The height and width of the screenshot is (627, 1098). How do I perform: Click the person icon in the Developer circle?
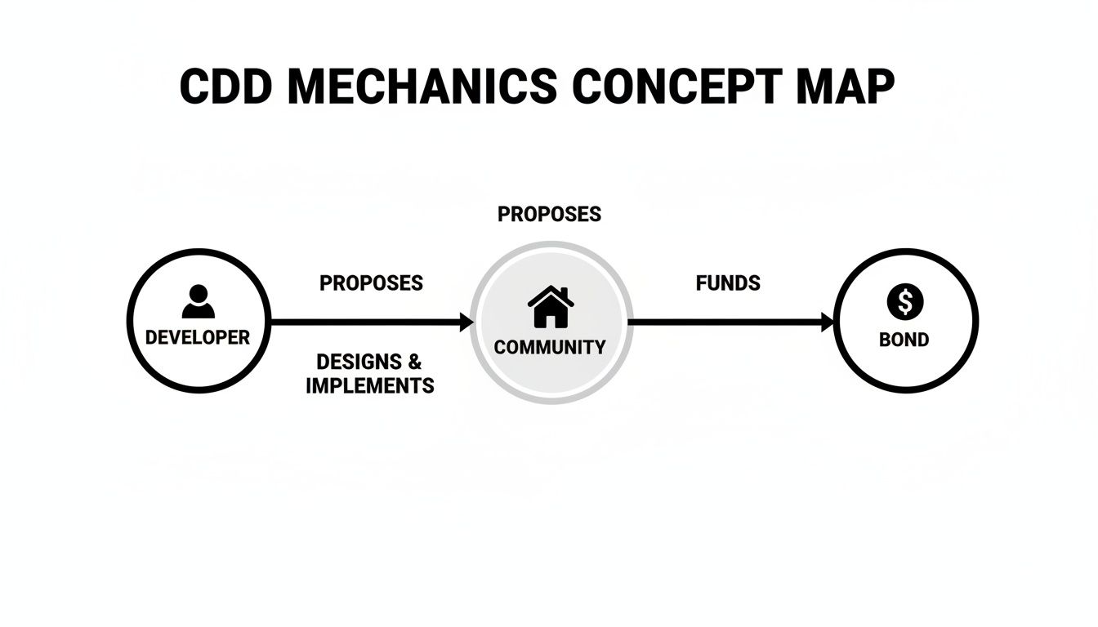point(198,301)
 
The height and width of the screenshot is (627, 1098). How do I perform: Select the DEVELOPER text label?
point(198,337)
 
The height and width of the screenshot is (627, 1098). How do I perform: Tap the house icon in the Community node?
point(551,307)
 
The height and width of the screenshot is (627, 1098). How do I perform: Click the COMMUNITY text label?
point(550,347)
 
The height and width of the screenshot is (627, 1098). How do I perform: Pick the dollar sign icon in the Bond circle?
point(904,303)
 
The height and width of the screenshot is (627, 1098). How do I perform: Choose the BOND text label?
point(904,340)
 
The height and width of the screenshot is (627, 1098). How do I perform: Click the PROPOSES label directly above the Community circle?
point(549,214)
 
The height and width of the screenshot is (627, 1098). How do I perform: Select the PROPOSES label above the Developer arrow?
point(371,283)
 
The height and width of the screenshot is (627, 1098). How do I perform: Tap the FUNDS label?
point(728,283)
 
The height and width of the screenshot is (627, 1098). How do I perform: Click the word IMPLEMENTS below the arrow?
point(370,385)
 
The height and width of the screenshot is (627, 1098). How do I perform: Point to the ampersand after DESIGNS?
point(414,361)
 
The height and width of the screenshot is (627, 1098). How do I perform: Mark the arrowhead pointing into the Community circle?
point(466,322)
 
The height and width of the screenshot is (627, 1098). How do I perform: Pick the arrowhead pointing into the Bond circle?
point(827,322)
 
